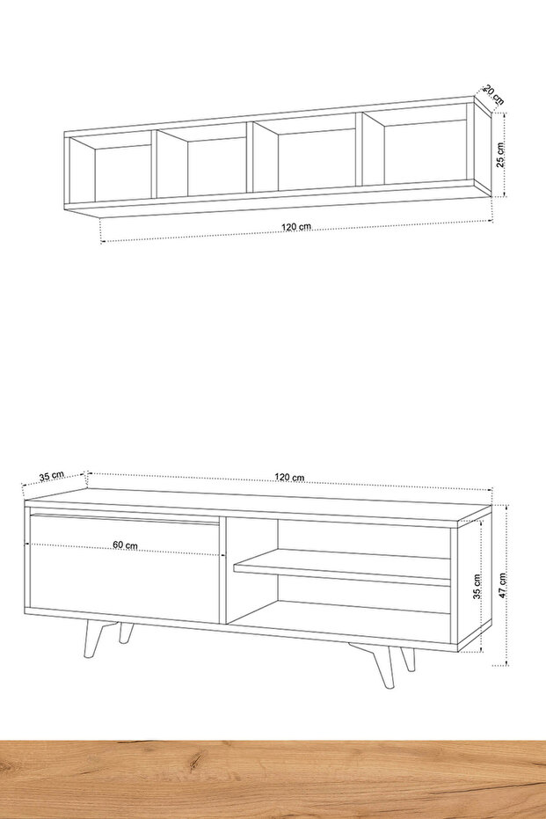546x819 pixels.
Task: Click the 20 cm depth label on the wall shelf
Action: (x=494, y=95)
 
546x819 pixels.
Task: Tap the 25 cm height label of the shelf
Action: (x=500, y=155)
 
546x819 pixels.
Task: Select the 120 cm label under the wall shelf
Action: (x=296, y=227)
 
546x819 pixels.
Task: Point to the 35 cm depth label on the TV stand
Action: (x=51, y=476)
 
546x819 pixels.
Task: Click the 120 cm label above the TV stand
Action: (x=289, y=478)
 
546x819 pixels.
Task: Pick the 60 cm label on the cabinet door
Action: (x=125, y=545)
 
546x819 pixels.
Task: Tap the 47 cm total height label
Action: (x=502, y=586)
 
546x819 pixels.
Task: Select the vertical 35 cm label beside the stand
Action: (x=477, y=587)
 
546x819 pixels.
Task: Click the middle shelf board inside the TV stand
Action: (x=342, y=567)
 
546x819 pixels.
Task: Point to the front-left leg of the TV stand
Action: (x=92, y=639)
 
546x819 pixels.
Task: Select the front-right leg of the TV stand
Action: (x=382, y=667)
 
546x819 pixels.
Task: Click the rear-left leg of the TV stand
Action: (x=125, y=633)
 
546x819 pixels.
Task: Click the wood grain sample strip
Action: (x=273, y=779)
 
